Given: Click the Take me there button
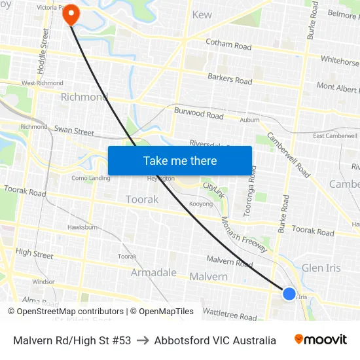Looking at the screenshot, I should [x=180, y=160].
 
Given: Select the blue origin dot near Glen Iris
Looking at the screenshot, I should [x=289, y=294].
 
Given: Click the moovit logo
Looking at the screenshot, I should [x=321, y=340].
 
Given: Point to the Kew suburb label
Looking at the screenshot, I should [x=202, y=14].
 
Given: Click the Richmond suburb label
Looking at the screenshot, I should [x=84, y=97].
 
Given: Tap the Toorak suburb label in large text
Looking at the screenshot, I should [x=142, y=199].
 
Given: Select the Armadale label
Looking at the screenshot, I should [x=154, y=272].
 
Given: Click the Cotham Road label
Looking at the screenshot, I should [x=228, y=46].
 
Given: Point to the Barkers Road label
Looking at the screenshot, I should [x=230, y=79].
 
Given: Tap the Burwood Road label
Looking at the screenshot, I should [x=198, y=113].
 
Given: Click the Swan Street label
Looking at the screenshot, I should [x=74, y=131].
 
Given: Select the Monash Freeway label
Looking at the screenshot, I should [x=244, y=234].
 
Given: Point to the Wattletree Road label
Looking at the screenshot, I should [x=230, y=315].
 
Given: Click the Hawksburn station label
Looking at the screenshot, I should [x=82, y=227].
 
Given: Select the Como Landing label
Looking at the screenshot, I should [x=91, y=178].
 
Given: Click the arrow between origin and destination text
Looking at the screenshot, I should [x=143, y=340].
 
